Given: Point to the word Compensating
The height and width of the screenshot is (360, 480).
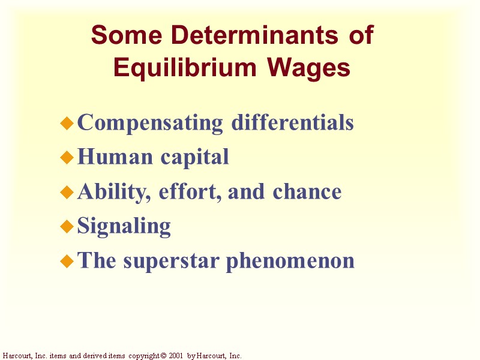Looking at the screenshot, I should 150,123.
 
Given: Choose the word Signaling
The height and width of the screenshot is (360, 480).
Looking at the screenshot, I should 124,227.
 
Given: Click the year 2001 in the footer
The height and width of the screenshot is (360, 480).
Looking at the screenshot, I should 175,356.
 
